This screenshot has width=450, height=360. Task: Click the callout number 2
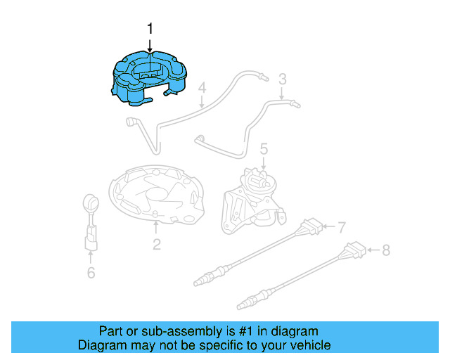point(156,244)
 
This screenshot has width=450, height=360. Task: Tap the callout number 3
point(282,79)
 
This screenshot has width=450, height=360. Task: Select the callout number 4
point(201,89)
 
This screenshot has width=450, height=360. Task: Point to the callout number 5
point(264,148)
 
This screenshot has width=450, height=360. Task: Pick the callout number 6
point(91,273)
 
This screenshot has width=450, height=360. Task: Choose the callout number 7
point(342,228)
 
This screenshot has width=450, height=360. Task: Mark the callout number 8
point(385,249)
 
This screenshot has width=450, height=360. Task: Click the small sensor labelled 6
point(91,221)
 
